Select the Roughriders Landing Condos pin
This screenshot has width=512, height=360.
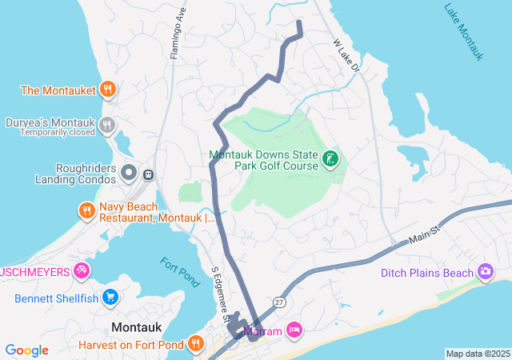129,172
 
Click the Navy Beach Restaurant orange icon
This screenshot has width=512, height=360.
87,211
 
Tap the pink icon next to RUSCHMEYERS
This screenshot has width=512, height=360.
81,270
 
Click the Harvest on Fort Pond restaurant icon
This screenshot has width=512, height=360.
197,345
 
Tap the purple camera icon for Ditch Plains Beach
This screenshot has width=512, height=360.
485,273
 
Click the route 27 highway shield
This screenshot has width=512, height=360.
278,302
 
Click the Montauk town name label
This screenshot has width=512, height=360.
138,326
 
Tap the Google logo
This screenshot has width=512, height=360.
26,350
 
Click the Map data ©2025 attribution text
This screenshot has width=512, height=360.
478,354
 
